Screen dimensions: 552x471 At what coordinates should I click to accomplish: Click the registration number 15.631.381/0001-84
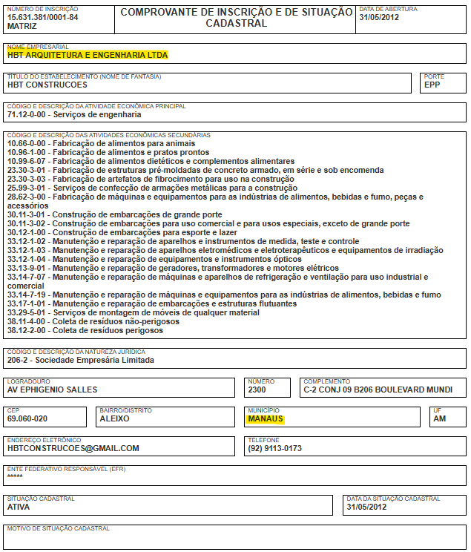click(42, 17)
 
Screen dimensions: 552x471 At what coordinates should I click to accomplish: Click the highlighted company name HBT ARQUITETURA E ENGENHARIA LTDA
click(88, 55)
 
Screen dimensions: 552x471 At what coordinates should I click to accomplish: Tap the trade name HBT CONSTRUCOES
click(47, 85)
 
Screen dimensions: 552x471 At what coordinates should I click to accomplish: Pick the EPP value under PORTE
click(432, 85)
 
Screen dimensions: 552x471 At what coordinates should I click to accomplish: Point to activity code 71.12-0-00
click(27, 115)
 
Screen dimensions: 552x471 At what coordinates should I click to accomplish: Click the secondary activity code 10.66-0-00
click(27, 143)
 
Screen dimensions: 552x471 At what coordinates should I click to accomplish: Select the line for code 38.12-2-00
click(85, 330)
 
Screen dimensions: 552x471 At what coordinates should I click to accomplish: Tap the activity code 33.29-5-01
click(27, 312)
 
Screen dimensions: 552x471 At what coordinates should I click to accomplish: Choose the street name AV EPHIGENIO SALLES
click(52, 390)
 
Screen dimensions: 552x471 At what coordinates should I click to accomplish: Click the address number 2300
click(257, 390)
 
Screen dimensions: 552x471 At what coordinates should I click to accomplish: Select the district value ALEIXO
click(114, 418)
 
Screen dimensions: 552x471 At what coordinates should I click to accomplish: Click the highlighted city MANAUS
click(266, 418)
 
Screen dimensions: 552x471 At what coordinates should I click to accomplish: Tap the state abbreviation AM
click(439, 418)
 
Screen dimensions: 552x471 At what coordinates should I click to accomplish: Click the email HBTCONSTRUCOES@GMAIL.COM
click(73, 448)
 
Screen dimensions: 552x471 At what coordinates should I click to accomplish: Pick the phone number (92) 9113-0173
click(275, 448)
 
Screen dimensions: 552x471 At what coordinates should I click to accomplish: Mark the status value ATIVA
click(19, 507)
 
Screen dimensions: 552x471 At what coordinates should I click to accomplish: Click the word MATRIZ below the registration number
click(22, 26)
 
